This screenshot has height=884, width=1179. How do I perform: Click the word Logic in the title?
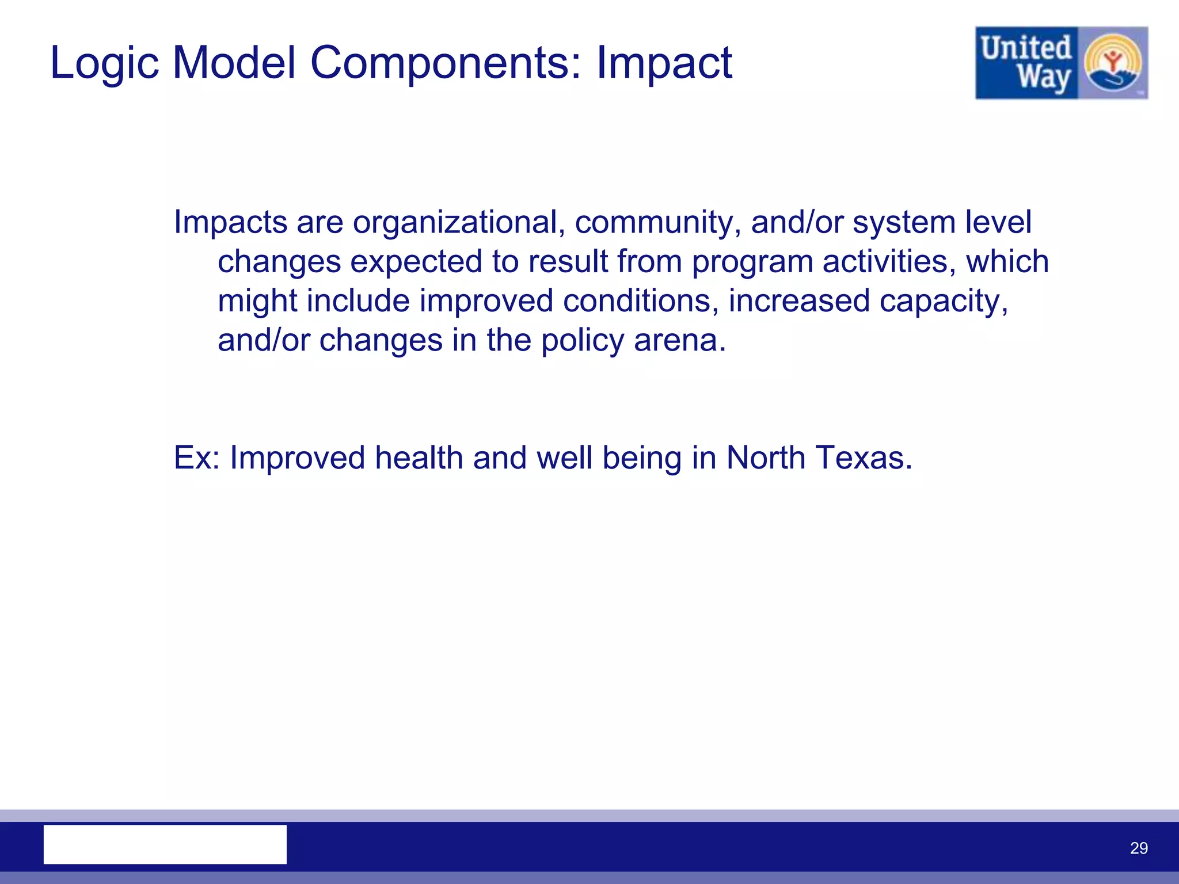[104, 63]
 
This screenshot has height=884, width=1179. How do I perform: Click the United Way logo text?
[1026, 63]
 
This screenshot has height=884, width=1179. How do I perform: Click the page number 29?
[1139, 848]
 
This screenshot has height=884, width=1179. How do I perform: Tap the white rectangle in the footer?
[165, 844]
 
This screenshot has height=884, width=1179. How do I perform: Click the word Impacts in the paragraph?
[230, 222]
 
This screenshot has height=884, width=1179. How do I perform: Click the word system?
[904, 223]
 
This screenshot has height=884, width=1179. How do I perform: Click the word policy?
[582, 341]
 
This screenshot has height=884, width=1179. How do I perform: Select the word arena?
[679, 341]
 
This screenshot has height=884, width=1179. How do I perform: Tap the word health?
[419, 458]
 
